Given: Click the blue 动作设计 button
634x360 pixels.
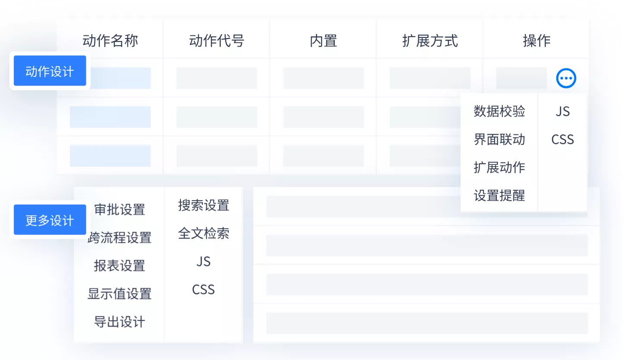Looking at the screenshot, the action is (x=50, y=71).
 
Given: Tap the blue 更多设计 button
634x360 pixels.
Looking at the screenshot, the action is (x=50, y=220).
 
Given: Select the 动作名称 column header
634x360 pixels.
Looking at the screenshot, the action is (x=110, y=41).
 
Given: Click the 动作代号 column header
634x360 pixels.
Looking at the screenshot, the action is (x=217, y=41).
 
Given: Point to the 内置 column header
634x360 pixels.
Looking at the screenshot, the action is (x=324, y=41).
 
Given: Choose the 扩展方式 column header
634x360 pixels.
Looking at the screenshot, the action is (x=430, y=41).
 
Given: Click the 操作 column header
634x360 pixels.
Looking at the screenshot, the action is (x=536, y=41).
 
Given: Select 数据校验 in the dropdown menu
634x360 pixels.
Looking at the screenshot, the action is (x=499, y=111).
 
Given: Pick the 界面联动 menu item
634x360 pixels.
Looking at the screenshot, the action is (x=499, y=139).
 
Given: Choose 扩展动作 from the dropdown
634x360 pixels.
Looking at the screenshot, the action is (x=499, y=167).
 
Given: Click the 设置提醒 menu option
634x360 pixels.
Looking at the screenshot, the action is (x=499, y=195).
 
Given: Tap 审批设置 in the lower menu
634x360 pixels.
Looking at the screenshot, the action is (x=120, y=210).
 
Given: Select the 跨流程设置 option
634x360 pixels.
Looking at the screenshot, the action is (x=120, y=237).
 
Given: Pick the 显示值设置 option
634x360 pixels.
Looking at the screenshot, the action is (x=120, y=294).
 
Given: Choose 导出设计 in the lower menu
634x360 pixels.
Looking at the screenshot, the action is (x=120, y=322).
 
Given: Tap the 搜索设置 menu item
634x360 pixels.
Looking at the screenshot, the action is (x=204, y=205).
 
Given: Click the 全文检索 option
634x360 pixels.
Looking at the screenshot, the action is (x=204, y=234).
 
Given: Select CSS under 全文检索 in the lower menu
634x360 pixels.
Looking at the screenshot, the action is (x=203, y=290).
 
